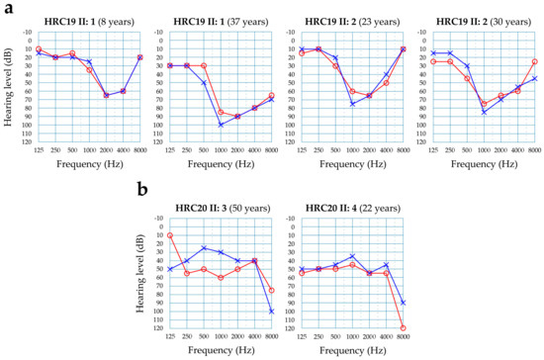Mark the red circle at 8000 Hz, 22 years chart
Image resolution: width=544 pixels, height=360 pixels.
tap(403, 327)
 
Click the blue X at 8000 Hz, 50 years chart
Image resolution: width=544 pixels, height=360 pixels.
tap(272, 312)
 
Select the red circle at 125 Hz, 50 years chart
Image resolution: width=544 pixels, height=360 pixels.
tap(170, 235)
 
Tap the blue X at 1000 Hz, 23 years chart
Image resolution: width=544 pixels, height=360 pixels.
tap(352, 104)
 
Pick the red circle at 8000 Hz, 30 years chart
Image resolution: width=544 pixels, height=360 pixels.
tap(535, 61)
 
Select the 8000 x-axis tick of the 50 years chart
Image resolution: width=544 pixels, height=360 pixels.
tap(272, 337)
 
